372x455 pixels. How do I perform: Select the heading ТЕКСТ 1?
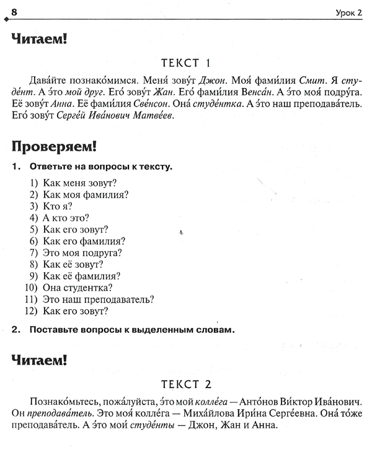186,63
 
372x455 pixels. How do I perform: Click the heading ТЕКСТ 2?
186,383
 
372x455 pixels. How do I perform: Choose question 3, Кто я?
58,206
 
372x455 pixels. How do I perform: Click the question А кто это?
66,218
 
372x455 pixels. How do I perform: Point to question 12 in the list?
76,311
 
